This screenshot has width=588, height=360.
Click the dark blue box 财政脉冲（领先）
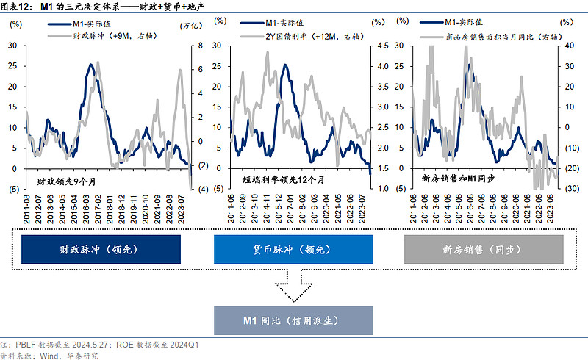101,250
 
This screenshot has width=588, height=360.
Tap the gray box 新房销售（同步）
484,250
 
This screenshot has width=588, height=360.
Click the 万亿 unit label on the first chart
190,26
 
